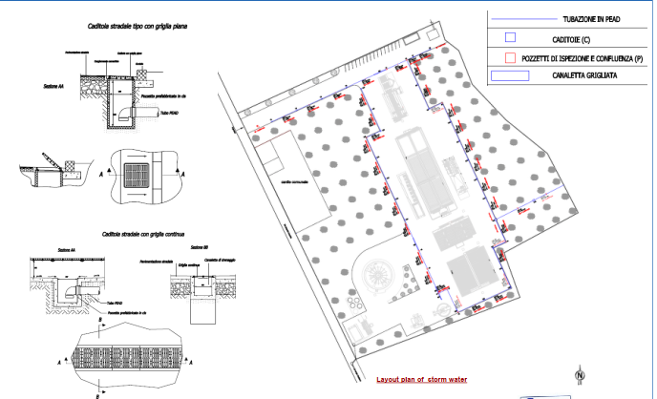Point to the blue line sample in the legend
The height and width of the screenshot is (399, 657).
524,17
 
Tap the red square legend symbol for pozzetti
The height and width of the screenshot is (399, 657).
510,56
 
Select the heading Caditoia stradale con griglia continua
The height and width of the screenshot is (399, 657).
140,233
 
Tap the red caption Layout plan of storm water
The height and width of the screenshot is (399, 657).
421,379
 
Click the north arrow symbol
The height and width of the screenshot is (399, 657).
579,375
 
